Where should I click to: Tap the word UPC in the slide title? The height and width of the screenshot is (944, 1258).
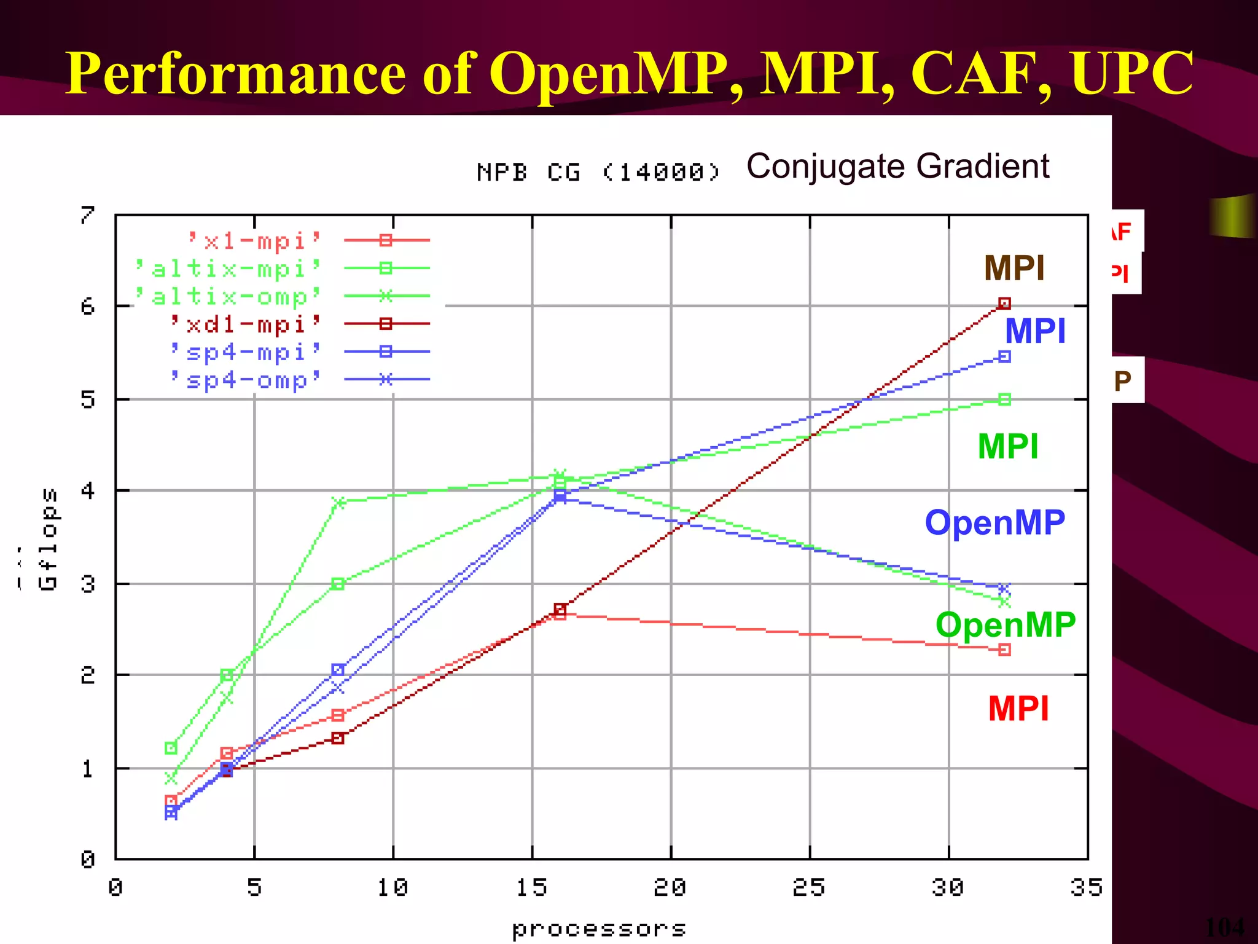pyautogui.click(x=1131, y=74)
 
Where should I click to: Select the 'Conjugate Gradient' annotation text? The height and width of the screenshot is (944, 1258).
pyautogui.click(x=897, y=167)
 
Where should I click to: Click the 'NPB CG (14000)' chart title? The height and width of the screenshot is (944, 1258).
pyautogui.click(x=598, y=172)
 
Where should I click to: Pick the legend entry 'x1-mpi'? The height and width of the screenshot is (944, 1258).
pyautogui.click(x=254, y=240)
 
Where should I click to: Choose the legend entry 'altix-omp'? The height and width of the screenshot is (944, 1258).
pyautogui.click(x=228, y=296)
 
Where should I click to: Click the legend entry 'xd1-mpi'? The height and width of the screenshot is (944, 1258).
pyautogui.click(x=246, y=324)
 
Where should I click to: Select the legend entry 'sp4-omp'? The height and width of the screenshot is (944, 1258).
pyautogui.click(x=246, y=380)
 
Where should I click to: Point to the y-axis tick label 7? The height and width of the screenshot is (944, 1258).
pyautogui.click(x=88, y=214)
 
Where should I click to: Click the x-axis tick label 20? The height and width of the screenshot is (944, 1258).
pyautogui.click(x=670, y=887)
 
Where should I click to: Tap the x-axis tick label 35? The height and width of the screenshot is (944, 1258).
pyautogui.click(x=1087, y=887)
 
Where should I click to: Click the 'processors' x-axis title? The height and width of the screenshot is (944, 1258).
pyautogui.click(x=598, y=929)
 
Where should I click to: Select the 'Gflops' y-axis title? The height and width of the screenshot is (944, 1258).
pyautogui.click(x=48, y=539)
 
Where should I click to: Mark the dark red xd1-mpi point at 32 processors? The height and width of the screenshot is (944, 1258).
pyautogui.click(x=1004, y=303)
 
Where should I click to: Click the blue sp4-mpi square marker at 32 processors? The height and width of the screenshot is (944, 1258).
pyautogui.click(x=1004, y=356)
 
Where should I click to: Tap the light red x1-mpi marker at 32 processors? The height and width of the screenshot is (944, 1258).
pyautogui.click(x=1004, y=650)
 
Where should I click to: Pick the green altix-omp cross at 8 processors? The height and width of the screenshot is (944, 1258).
pyautogui.click(x=338, y=502)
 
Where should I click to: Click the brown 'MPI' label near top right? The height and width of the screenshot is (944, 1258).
pyautogui.click(x=1014, y=269)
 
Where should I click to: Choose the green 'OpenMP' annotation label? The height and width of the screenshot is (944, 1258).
pyautogui.click(x=1005, y=625)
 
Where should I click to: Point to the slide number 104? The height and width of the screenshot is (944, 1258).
pyautogui.click(x=1225, y=926)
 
